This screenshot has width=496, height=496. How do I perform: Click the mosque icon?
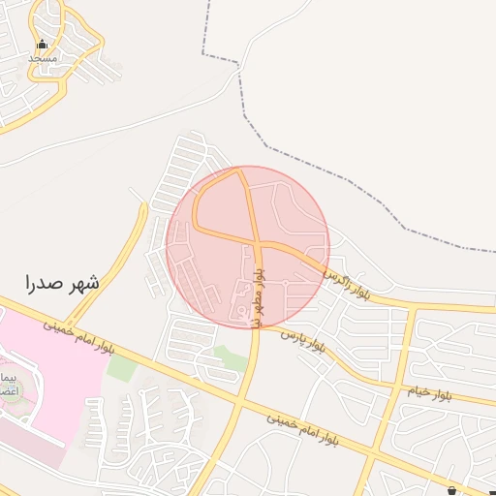[41, 45]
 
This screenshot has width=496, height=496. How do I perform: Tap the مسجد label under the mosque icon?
[42, 58]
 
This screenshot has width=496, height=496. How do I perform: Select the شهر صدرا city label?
[62, 283]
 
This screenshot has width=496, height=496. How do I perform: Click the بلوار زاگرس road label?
[348, 281]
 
